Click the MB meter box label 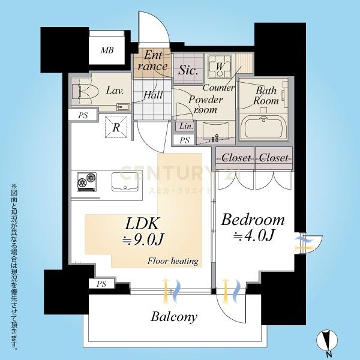(x=107, y=50)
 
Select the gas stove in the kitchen (x=87, y=182)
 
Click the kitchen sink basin (x=125, y=181)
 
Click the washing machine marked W (x=219, y=67)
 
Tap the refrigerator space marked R (x=116, y=127)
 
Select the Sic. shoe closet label (x=188, y=70)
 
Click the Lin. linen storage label (x=186, y=126)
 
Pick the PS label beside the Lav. (x=83, y=115)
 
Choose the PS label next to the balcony (x=101, y=284)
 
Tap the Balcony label (x=174, y=317)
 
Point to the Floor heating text (x=173, y=261)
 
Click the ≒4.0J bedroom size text (x=253, y=236)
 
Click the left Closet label (x=236, y=158)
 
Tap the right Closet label (x=274, y=158)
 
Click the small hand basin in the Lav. (x=123, y=107)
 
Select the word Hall (x=153, y=95)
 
